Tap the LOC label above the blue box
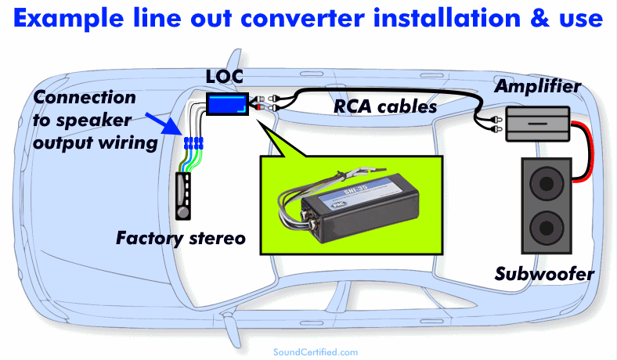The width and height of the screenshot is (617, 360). (226, 78)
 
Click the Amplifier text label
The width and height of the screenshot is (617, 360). (537, 86)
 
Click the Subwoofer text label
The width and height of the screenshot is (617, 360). (544, 274)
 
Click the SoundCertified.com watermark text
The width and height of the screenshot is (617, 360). (316, 352)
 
